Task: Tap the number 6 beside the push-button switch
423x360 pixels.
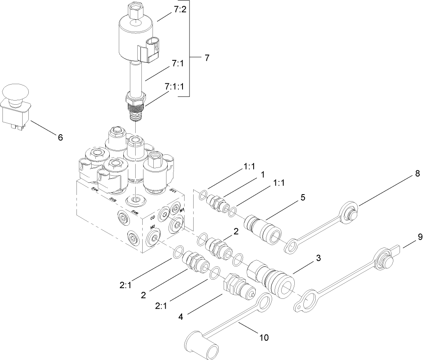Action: pyautogui.click(x=60, y=138)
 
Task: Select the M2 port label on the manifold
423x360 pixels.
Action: pyautogui.click(x=152, y=227)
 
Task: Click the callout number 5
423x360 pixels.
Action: pyautogui.click(x=303, y=197)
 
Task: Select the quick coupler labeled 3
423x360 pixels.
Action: pyautogui.click(x=271, y=277)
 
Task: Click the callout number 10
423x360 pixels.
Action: pyautogui.click(x=263, y=338)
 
